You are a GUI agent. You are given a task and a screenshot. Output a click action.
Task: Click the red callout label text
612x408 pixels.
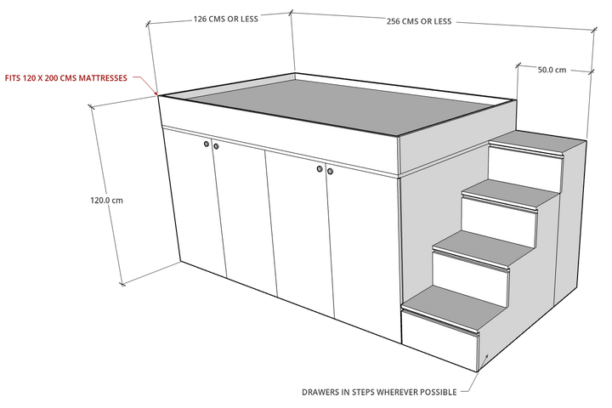(x=66, y=77)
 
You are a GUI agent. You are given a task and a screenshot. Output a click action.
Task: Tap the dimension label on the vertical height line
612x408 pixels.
(x=107, y=201)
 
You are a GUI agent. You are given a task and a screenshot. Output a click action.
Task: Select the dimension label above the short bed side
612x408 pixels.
(x=224, y=18)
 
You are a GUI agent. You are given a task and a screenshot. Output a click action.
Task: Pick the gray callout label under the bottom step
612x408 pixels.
(x=377, y=393)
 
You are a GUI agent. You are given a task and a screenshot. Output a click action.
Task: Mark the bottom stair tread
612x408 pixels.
(x=455, y=305)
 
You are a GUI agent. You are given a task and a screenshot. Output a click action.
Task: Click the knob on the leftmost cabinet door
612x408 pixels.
(x=206, y=145)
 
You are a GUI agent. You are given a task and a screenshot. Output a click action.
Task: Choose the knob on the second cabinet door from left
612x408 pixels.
(x=216, y=147)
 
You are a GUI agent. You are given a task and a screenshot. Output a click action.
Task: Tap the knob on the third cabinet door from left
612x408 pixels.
(x=320, y=170)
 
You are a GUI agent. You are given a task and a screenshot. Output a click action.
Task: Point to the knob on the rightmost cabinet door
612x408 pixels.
(x=329, y=172)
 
